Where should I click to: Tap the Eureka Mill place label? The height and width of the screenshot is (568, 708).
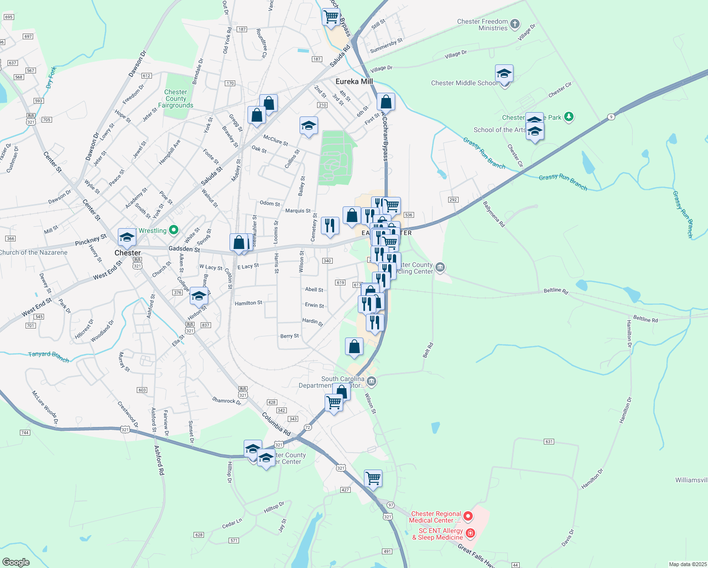tap(354, 81)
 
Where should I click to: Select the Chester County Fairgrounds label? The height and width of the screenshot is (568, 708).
tap(176, 98)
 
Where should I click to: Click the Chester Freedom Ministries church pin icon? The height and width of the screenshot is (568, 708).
tap(515, 24)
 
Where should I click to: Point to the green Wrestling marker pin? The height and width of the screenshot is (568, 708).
tap(174, 230)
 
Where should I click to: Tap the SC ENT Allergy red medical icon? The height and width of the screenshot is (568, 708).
tap(470, 533)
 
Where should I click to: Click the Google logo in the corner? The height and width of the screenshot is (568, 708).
tap(16, 562)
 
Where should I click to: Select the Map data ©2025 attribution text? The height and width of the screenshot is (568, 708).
tap(687, 564)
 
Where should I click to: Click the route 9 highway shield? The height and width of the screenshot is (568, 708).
tap(611, 116)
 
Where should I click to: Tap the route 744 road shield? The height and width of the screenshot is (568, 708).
tap(25, 433)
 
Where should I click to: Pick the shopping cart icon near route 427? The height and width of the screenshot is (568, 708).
tap(373, 479)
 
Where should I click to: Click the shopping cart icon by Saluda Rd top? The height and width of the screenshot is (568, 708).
tap(331, 17)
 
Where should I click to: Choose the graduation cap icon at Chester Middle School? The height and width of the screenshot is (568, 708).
tap(504, 74)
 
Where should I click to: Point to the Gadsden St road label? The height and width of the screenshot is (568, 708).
tap(184, 249)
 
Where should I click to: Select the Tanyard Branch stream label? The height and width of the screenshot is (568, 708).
tap(48, 356)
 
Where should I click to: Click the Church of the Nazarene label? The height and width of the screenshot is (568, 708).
tap(34, 252)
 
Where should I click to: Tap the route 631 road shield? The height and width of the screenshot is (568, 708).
tap(549, 442)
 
